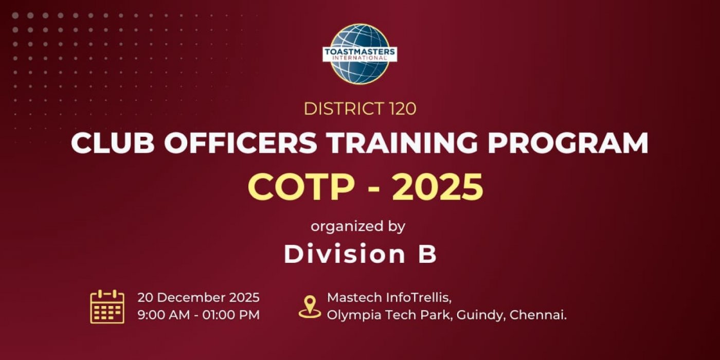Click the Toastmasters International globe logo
pyautogui.click(x=359, y=53)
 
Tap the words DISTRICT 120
pyautogui.click(x=359, y=109)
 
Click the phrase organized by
pyautogui.click(x=358, y=226)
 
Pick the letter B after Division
pyautogui.click(x=427, y=254)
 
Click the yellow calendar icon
pyautogui.click(x=107, y=307)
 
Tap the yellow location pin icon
pyautogui.click(x=310, y=307)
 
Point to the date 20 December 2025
pyautogui.click(x=199, y=297)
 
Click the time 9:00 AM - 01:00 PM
pyautogui.click(x=199, y=315)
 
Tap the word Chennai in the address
pyautogui.click(x=538, y=315)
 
